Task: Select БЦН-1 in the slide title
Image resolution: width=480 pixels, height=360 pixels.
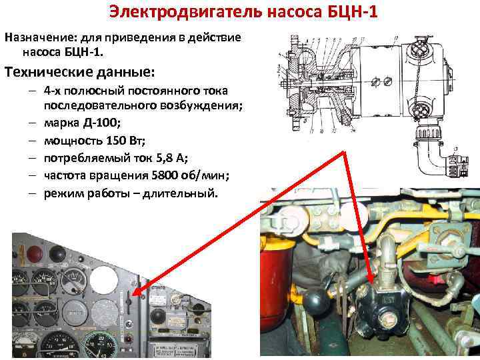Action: (340, 11)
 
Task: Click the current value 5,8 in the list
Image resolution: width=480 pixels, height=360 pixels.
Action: (157, 158)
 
